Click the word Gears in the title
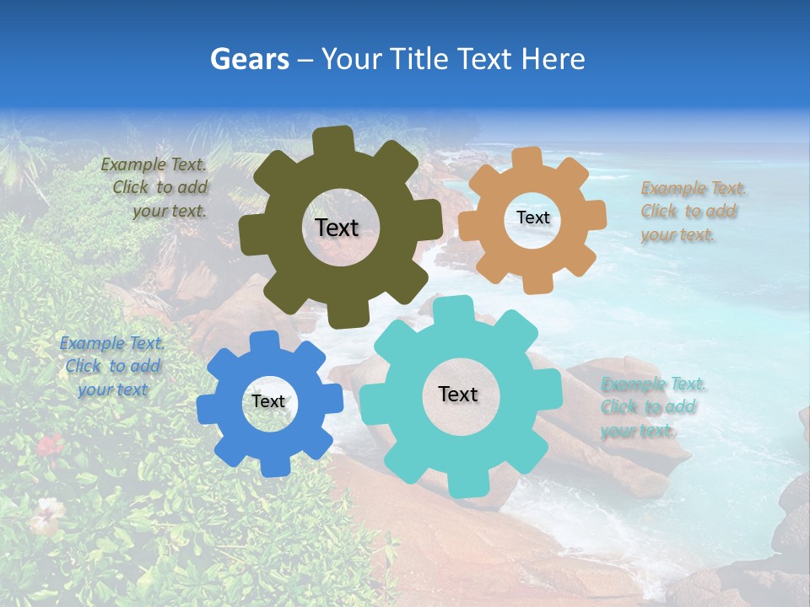[x=249, y=59]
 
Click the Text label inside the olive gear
[x=337, y=228]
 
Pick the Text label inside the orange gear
[x=532, y=218]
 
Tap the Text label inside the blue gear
[x=268, y=401]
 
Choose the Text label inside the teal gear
[x=458, y=394]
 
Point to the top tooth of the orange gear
[x=527, y=158]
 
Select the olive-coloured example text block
[x=156, y=188]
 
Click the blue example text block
[x=112, y=366]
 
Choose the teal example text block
[x=651, y=407]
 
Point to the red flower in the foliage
[x=50, y=443]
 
